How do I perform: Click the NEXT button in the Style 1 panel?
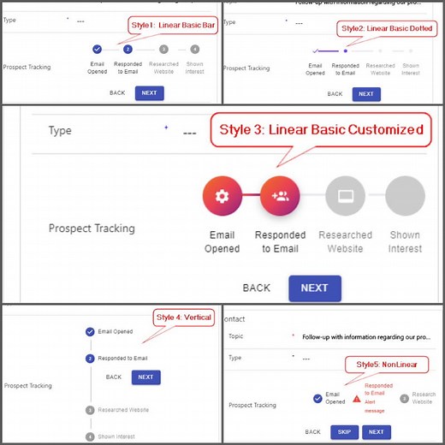click(x=149, y=92)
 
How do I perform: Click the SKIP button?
click(x=343, y=432)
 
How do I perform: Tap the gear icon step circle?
click(x=222, y=196)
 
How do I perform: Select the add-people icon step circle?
click(x=280, y=196)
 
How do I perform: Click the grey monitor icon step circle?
click(x=347, y=196)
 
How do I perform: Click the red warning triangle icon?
click(x=357, y=398)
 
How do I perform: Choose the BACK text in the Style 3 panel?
click(x=257, y=288)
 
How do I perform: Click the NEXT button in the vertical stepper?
click(x=145, y=377)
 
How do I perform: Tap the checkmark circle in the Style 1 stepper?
click(x=97, y=50)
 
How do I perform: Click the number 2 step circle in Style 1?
click(x=128, y=50)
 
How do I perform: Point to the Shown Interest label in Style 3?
click(x=405, y=241)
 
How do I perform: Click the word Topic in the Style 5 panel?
click(x=235, y=336)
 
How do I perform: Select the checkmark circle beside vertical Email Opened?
click(x=90, y=331)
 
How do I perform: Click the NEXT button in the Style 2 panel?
click(x=365, y=93)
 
